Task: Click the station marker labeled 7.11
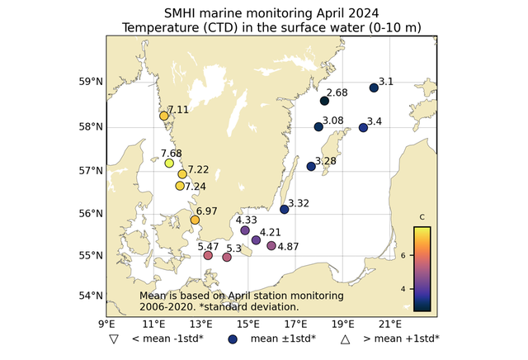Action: [164, 116]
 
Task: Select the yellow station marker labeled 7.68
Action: [169, 163]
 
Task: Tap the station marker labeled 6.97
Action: [196, 220]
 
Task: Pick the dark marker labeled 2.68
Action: [324, 101]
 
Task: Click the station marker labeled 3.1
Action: [374, 88]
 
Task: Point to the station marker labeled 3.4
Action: [363, 127]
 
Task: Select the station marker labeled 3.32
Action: [285, 209]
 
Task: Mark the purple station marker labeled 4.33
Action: [245, 230]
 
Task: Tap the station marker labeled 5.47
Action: [208, 255]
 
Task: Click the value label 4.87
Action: [289, 247]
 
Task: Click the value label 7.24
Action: [196, 187]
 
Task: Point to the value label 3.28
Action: [325, 161]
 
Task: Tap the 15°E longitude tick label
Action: [248, 323]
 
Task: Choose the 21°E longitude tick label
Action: [390, 323]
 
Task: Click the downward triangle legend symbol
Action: [111, 339]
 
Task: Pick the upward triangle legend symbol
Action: [346, 339]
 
